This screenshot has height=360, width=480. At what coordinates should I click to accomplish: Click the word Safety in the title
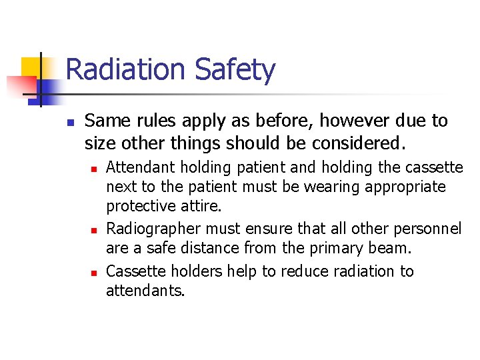pyautogui.click(x=235, y=70)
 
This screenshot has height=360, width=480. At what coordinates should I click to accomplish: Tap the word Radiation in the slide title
pyautogui.click(x=127, y=70)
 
